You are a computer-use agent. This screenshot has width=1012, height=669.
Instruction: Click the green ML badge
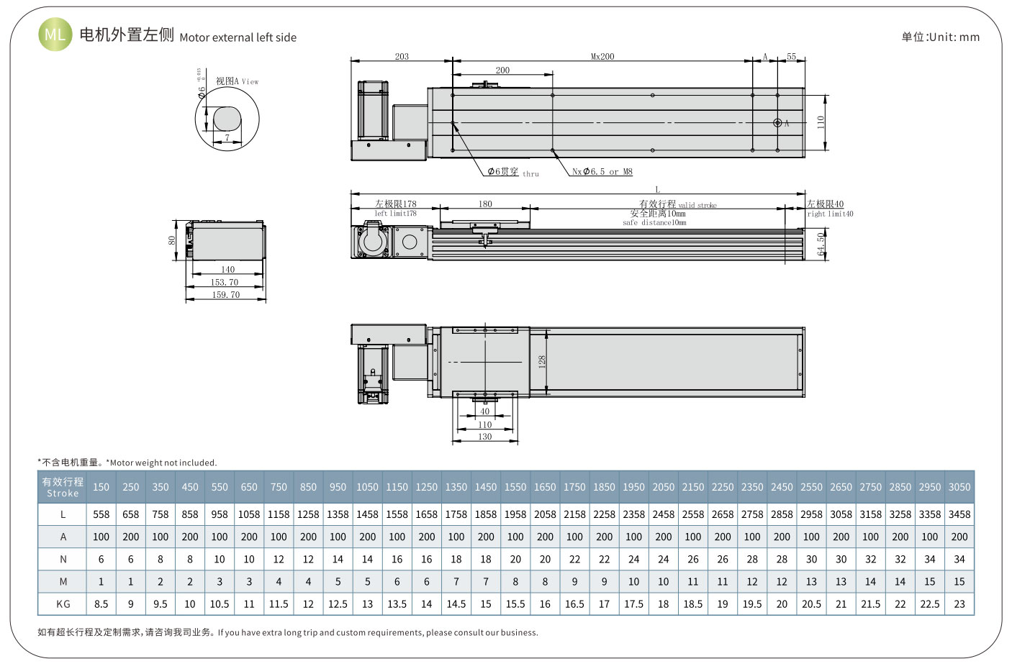[55, 34]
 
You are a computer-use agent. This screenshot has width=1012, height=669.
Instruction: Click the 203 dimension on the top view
[402, 56]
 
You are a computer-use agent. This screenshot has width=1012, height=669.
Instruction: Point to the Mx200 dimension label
[602, 56]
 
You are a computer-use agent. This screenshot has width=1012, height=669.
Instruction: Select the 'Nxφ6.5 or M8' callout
[602, 171]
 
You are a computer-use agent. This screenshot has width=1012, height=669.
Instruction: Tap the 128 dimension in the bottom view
[542, 361]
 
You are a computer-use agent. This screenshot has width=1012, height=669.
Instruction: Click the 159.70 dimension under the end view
[226, 295]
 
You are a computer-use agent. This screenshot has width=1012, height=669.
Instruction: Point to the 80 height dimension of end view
[172, 240]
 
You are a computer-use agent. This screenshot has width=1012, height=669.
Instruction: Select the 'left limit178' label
[395, 214]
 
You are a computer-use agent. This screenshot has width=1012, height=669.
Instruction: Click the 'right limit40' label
[830, 214]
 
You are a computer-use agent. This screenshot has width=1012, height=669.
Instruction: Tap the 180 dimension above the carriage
[485, 204]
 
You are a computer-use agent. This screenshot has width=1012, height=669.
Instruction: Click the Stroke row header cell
[63, 487]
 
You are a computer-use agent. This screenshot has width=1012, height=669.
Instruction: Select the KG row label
[63, 604]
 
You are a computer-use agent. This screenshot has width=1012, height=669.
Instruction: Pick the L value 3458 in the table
[959, 514]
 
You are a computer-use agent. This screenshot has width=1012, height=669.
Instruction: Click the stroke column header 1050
[367, 487]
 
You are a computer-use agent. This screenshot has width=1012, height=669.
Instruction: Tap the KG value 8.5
[101, 604]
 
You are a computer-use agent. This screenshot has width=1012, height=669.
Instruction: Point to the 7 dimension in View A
[227, 137]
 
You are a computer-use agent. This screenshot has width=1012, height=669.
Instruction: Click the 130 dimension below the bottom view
[485, 437]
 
